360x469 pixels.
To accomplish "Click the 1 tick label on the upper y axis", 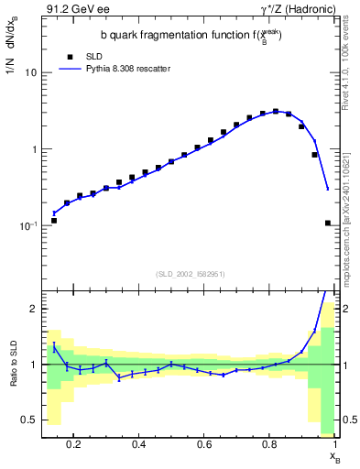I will (36, 148).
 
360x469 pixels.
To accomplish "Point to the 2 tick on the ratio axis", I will (36, 309).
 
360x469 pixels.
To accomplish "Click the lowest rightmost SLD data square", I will (328, 223).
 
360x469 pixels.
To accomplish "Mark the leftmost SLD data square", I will (54, 221).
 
